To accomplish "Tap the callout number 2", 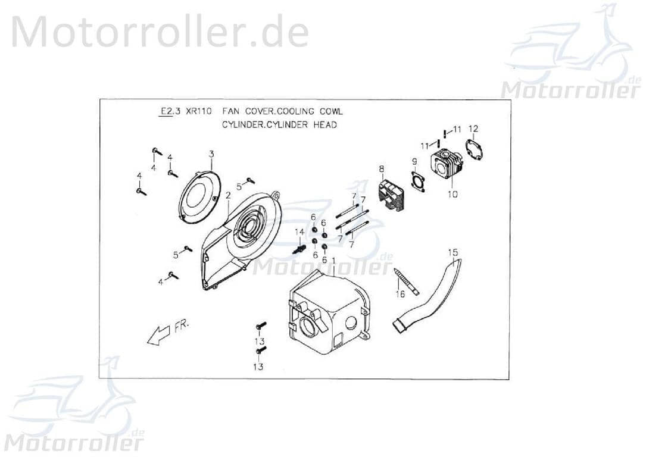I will pyautogui.click(x=227, y=195).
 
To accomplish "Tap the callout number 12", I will pyautogui.click(x=473, y=129).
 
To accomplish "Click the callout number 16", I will pyautogui.click(x=400, y=294).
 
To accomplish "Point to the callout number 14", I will pyautogui.click(x=299, y=231).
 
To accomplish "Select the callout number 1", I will pyautogui.click(x=334, y=261).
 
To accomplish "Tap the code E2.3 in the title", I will pyautogui.click(x=166, y=111).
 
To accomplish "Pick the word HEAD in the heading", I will pyautogui.click(x=325, y=125).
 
